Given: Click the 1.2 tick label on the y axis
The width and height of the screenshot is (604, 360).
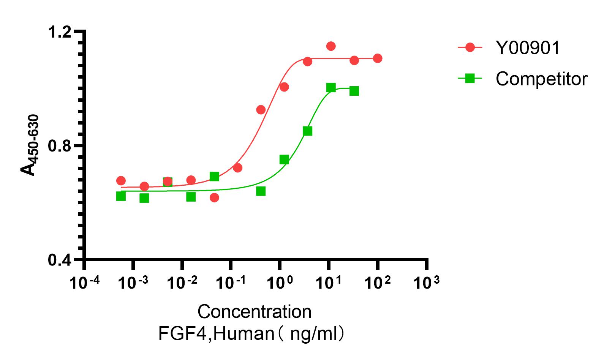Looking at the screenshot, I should click(x=60, y=33).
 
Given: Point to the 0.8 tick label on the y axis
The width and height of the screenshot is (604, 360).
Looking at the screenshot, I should click(x=60, y=146).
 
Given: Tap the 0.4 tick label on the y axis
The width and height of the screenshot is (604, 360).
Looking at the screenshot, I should click(x=60, y=261).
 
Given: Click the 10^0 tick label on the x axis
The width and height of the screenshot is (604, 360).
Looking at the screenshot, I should click(x=280, y=283).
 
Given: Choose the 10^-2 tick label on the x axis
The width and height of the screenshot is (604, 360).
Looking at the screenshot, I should click(x=182, y=283).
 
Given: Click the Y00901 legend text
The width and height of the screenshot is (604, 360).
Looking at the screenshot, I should click(x=528, y=48).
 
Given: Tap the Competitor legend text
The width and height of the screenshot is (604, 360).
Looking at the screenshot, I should click(x=541, y=79).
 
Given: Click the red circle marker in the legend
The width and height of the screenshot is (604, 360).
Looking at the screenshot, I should click(x=470, y=47).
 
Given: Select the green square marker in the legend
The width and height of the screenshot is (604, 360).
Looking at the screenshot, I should click(x=470, y=78).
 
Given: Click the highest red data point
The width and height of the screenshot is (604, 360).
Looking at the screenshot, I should click(x=331, y=46).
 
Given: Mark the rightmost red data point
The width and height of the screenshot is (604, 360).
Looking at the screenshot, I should click(x=378, y=58).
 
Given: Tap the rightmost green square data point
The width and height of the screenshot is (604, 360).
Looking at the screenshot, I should click(x=354, y=91).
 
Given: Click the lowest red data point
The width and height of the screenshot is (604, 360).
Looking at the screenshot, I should click(x=214, y=197).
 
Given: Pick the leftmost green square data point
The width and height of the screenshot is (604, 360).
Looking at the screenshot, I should click(x=121, y=196).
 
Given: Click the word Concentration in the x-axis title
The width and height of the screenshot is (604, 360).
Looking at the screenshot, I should click(x=254, y=312).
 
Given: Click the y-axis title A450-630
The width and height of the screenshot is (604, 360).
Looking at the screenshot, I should click(x=30, y=146).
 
